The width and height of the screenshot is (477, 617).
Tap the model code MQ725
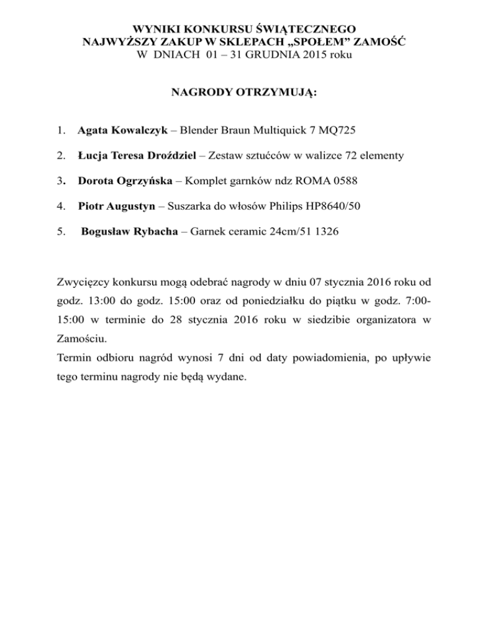point(336,132)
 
